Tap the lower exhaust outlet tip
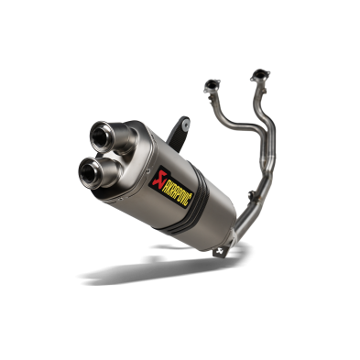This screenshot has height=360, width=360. point(92,170)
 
